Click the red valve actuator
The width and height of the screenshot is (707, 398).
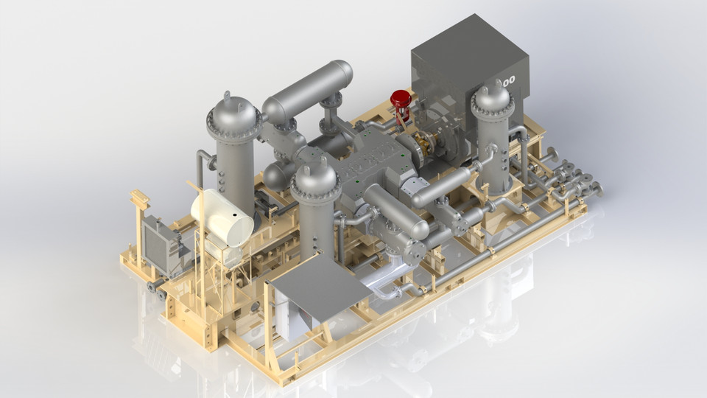click(401, 98)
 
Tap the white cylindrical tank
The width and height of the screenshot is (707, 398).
click(222, 217)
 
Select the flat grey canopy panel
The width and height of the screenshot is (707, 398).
click(321, 286)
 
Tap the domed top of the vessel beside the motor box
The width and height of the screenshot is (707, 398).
click(493, 98)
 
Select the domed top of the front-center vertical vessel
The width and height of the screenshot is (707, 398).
click(315, 175)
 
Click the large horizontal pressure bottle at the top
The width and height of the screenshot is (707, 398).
click(307, 90)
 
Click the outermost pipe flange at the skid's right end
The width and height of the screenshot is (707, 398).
click(598, 190)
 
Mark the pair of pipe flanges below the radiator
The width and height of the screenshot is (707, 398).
click(156, 288)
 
